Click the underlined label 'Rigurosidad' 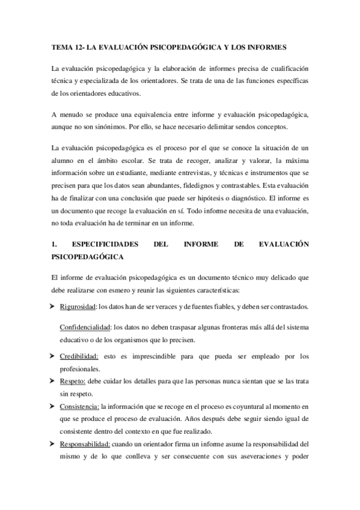point(78,307)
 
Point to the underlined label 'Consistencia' point(80,408)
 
